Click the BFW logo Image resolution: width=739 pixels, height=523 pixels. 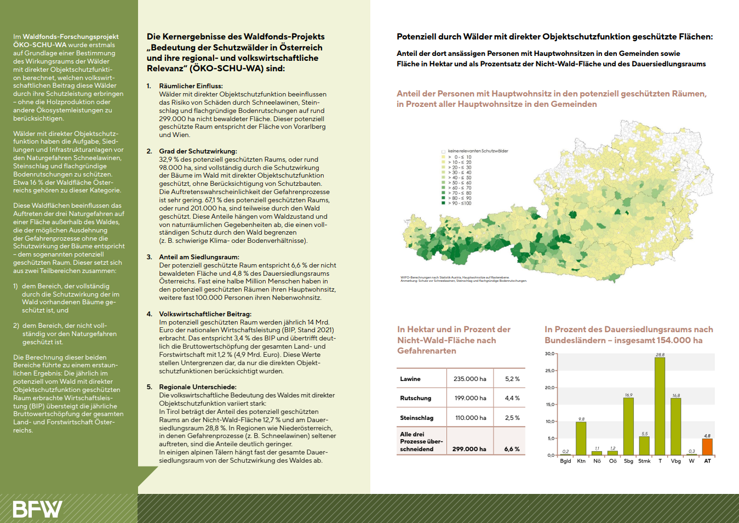(x=37, y=509)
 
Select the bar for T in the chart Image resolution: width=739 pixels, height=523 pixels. (x=660, y=406)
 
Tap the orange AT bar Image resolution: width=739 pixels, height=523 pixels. (x=707, y=447)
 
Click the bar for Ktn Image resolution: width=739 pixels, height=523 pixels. (x=581, y=439)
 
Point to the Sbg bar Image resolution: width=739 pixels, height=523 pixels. (x=628, y=427)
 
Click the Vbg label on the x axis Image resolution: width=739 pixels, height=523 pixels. (x=675, y=461)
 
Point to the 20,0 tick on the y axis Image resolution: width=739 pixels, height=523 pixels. (x=549, y=388)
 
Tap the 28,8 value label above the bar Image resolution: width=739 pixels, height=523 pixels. (x=660, y=355)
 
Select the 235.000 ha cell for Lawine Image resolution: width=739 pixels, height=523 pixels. (x=469, y=379)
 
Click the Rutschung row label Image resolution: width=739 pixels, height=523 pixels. (x=415, y=398)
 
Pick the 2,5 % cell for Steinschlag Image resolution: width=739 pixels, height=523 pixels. (x=512, y=418)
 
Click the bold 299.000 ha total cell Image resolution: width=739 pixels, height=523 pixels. (x=469, y=449)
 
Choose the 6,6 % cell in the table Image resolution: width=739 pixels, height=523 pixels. (x=512, y=449)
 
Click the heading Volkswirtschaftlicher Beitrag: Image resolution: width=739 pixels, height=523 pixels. (x=205, y=314)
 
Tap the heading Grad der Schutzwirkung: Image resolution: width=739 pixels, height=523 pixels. (x=198, y=151)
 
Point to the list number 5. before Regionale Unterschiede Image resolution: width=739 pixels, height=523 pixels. (x=149, y=387)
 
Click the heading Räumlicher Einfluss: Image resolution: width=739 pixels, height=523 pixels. (x=191, y=86)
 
